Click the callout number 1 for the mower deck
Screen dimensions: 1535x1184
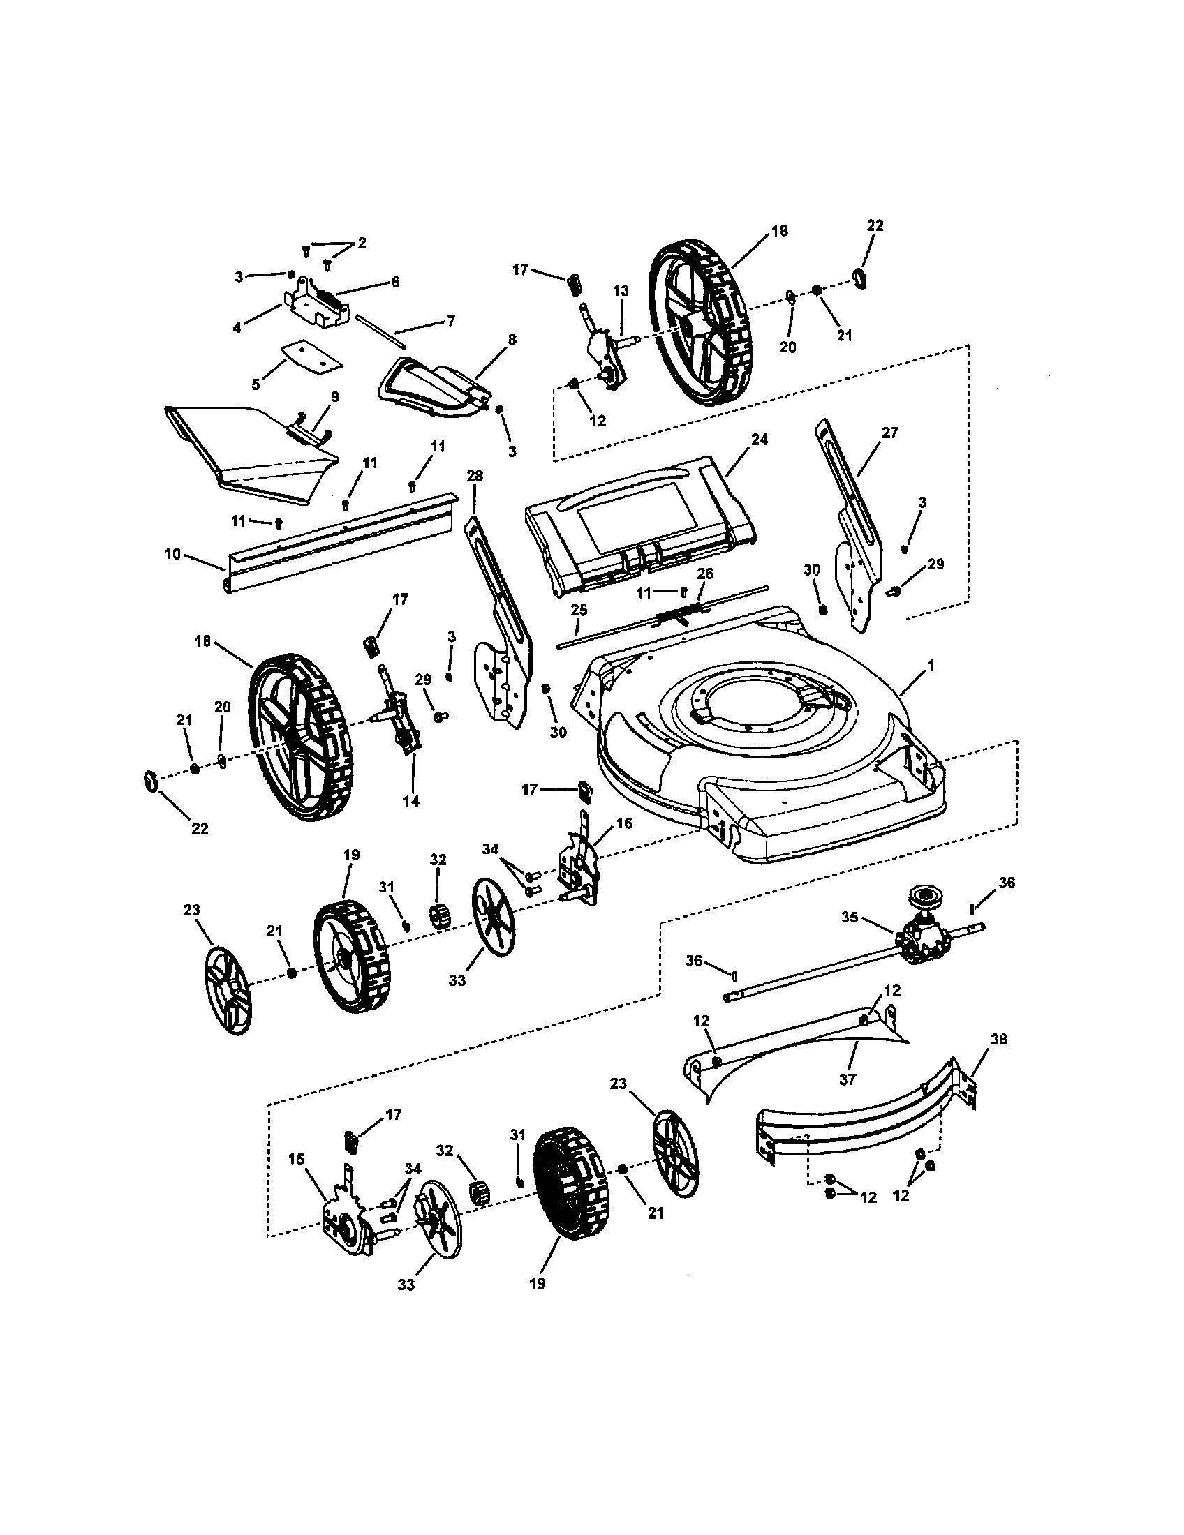931,664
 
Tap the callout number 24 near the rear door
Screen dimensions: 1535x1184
760,440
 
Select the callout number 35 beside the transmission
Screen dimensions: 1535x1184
850,918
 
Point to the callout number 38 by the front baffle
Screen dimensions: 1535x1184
999,1039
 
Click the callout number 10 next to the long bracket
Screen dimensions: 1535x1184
172,554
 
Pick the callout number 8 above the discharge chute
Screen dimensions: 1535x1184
512,340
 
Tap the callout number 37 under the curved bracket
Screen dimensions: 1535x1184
848,1079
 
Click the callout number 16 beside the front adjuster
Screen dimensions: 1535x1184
624,823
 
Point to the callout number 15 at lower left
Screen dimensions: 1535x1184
297,1158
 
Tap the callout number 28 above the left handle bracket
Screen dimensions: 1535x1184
475,476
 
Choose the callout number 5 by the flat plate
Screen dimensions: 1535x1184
256,384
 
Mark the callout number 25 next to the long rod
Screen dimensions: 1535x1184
578,609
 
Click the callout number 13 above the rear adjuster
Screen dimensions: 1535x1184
620,290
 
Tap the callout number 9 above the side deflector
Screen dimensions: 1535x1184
334,396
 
